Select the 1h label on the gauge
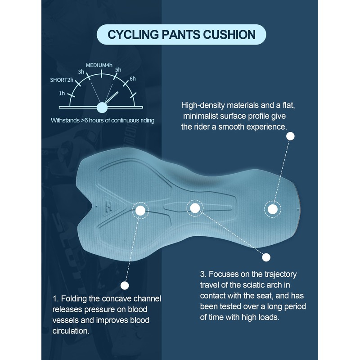tap(62, 93)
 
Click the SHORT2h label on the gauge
tap(61, 80)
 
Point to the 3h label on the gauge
tap(81, 72)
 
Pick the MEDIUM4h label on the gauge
tap(99, 65)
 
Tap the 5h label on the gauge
tap(118, 70)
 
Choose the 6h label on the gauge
tap(132, 79)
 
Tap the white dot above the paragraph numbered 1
tap(125, 285)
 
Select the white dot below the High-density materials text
tap(291, 135)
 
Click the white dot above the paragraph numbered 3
tap(266, 257)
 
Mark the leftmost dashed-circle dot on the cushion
tap(140, 210)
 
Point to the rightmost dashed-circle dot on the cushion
tap(272, 209)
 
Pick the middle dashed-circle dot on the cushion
tap(194, 207)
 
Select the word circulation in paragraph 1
tap(70, 331)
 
